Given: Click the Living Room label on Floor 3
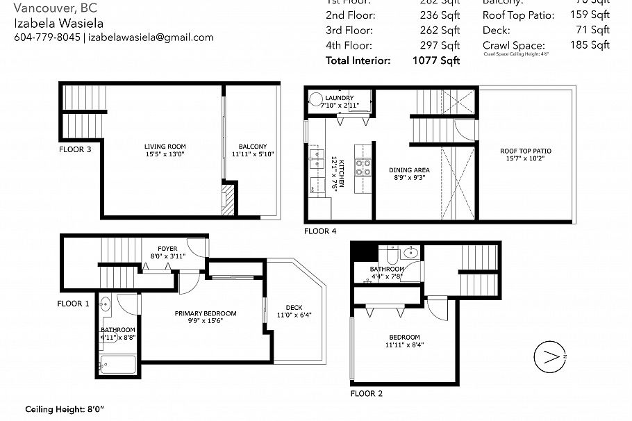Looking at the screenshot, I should click(x=165, y=147).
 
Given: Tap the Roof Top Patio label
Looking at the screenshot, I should click(x=526, y=151).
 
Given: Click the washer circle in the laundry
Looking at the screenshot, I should click(x=316, y=99).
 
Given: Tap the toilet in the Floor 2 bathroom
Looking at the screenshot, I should click(x=411, y=252).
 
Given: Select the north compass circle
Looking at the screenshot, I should click(x=547, y=356).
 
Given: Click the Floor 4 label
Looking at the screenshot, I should click(x=320, y=231).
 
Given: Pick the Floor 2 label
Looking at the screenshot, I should click(x=366, y=393).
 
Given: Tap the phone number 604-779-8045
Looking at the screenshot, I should click(x=47, y=38).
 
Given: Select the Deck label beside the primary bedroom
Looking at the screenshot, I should click(x=294, y=308).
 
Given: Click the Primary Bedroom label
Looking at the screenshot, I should click(x=205, y=313).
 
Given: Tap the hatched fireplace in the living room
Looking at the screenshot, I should click(x=228, y=199).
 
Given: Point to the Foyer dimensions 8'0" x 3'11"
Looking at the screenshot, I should click(x=167, y=256).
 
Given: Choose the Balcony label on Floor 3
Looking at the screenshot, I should click(x=252, y=146).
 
